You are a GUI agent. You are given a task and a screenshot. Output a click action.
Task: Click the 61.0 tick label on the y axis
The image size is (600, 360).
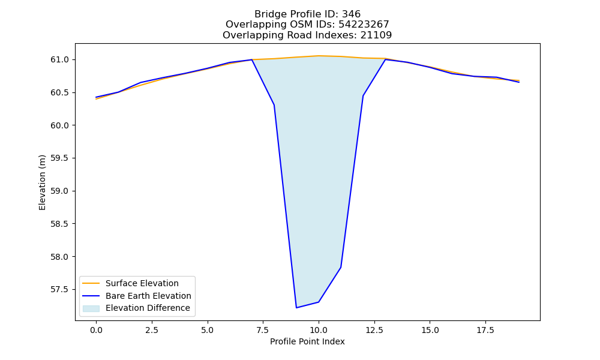pos(59,59)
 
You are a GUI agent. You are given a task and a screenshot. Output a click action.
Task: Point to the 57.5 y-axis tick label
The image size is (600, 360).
pos(59,290)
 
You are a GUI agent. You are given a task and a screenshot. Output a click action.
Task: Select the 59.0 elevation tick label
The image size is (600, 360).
pos(59,191)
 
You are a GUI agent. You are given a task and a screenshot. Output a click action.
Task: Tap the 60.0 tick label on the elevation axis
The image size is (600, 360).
pos(59,125)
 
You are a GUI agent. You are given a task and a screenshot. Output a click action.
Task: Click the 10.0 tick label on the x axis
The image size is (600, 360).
pos(319,330)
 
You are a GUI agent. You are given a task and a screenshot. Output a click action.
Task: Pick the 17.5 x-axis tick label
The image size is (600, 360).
pos(485,330)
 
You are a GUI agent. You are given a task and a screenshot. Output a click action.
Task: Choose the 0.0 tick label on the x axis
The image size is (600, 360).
pos(96,330)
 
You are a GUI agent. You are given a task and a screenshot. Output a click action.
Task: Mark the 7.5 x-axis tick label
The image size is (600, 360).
pos(263,330)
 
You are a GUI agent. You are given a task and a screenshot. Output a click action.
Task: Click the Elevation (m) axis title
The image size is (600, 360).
pos(42,182)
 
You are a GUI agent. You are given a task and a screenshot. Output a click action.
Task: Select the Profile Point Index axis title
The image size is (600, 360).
pos(307,341)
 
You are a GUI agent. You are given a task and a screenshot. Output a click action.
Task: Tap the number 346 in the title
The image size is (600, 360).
pos(351,14)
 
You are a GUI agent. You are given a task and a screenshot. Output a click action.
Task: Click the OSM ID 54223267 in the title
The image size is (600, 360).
pos(364,25)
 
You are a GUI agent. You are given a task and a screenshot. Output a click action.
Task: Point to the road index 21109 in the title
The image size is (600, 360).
pos(376,35)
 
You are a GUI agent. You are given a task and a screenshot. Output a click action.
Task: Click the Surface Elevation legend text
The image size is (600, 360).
pos(142,283)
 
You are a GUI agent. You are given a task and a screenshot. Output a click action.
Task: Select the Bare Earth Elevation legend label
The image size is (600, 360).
pos(148,296)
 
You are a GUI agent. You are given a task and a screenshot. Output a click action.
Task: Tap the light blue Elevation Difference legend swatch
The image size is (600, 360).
pos(91,308)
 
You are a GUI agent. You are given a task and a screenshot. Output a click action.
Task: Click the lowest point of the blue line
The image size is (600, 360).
pos(296,308)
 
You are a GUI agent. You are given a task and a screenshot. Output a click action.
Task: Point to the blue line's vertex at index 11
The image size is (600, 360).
pos(341,268)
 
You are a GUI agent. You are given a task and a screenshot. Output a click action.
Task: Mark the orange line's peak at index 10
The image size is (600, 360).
pos(319,56)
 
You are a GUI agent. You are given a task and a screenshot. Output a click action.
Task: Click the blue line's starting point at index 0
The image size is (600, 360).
pos(96,97)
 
